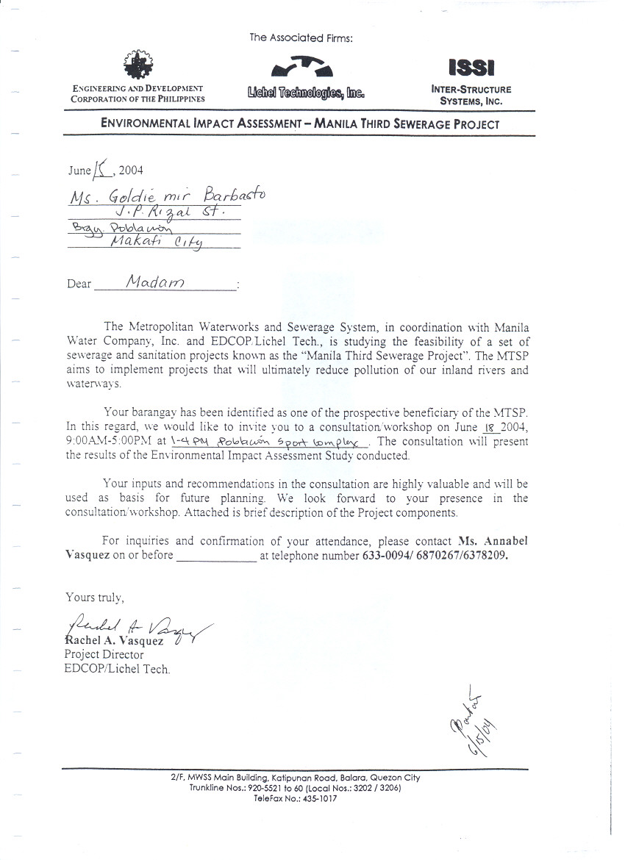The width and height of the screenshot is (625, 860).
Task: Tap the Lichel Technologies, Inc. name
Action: pyautogui.click(x=306, y=93)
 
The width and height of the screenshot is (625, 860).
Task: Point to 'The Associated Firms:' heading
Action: pyautogui.click(x=301, y=38)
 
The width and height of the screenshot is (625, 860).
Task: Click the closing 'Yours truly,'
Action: pyautogui.click(x=90, y=598)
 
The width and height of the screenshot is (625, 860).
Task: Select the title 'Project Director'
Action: pyautogui.click(x=104, y=654)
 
